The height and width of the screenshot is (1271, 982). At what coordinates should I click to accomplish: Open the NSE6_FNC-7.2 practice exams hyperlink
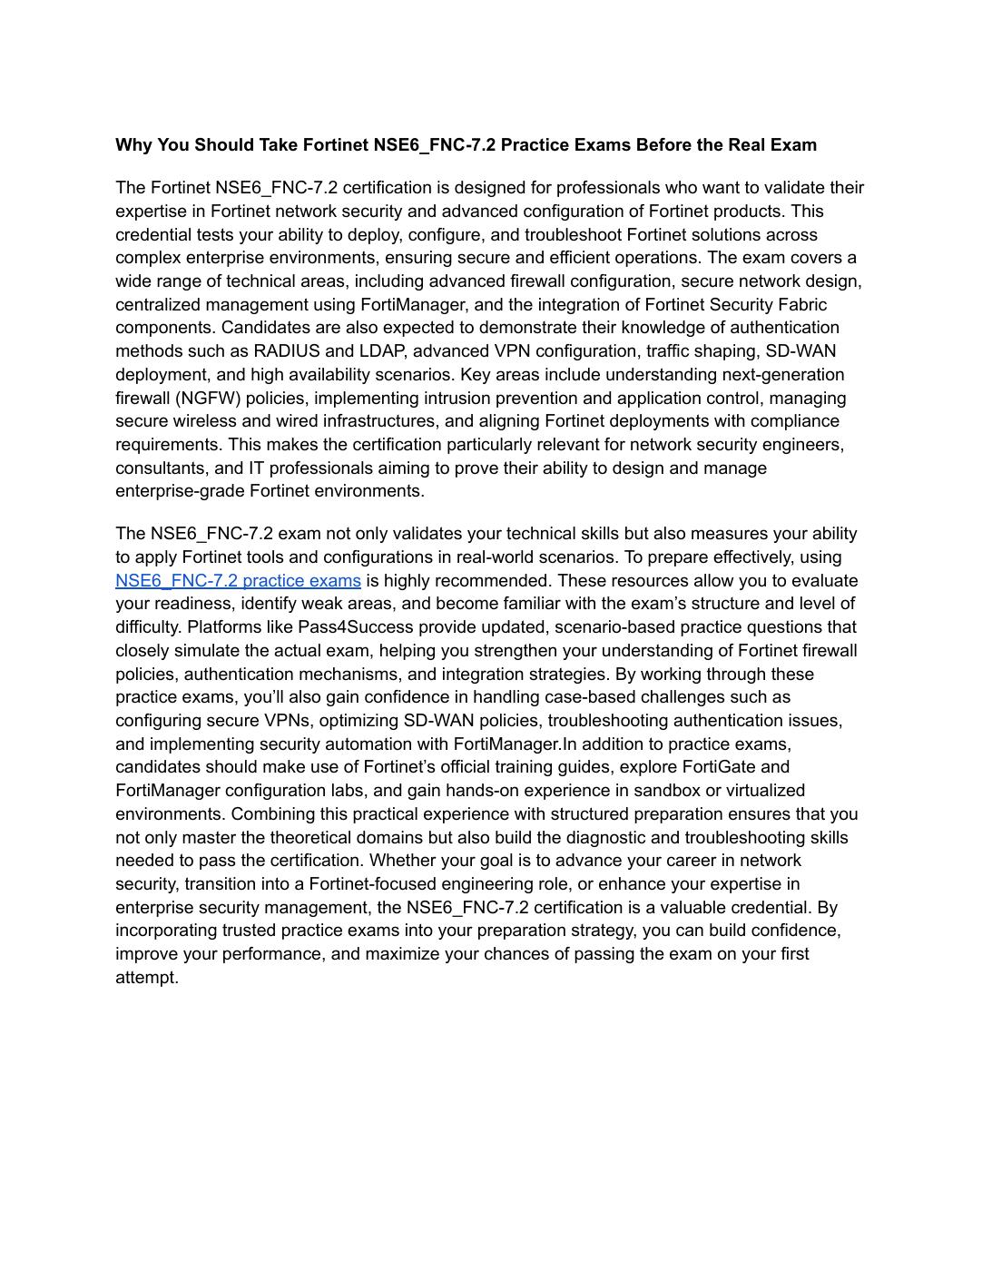(238, 581)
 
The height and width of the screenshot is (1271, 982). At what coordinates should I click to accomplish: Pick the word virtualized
(761, 791)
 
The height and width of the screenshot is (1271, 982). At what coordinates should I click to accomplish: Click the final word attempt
(146, 978)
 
